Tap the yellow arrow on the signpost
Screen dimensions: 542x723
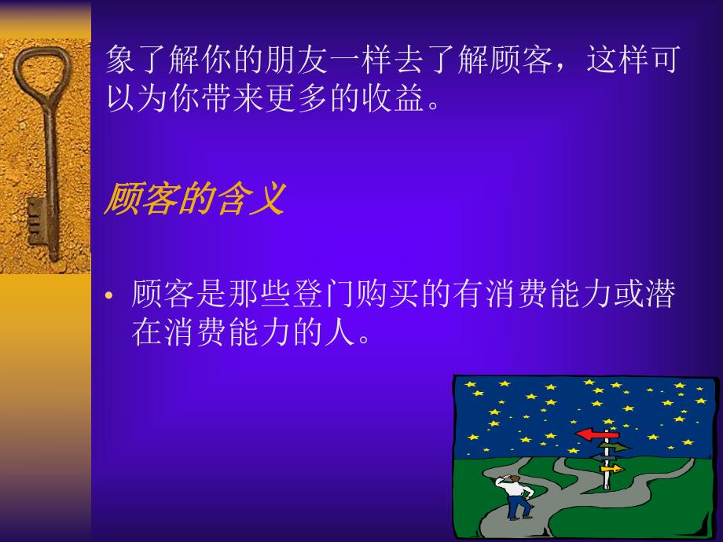pyautogui.click(x=611, y=469)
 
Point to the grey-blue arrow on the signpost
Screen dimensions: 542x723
pyautogui.click(x=604, y=457)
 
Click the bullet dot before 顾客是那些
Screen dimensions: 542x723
pyautogui.click(x=111, y=296)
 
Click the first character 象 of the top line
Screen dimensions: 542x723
pyautogui.click(x=122, y=59)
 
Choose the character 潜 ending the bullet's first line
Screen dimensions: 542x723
pyautogui.click(x=659, y=295)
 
